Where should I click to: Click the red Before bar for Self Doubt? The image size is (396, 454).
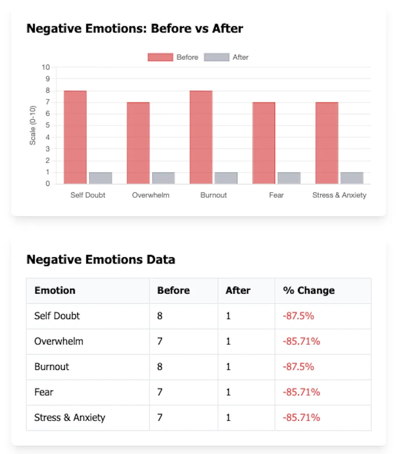click(75, 137)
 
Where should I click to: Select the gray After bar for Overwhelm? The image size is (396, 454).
click(163, 178)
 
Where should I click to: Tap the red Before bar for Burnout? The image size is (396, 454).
click(201, 137)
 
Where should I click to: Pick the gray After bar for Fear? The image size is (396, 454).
click(289, 178)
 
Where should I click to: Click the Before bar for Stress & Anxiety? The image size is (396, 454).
click(327, 143)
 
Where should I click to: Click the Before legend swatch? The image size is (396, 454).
click(160, 57)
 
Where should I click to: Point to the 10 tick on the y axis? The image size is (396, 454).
click(46, 67)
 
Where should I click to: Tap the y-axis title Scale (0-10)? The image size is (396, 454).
click(33, 125)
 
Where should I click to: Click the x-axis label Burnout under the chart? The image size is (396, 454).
click(213, 195)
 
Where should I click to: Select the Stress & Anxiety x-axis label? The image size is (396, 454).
click(339, 195)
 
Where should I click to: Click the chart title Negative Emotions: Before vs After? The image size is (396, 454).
click(134, 29)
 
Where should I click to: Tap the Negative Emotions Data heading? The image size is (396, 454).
click(101, 259)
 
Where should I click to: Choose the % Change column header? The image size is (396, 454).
click(309, 291)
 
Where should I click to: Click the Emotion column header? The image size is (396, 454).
click(55, 291)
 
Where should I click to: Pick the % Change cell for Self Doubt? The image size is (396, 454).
click(298, 316)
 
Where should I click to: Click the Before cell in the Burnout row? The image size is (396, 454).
click(160, 366)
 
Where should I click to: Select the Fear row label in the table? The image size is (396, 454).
click(43, 392)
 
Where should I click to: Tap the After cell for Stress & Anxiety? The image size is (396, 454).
click(228, 417)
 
